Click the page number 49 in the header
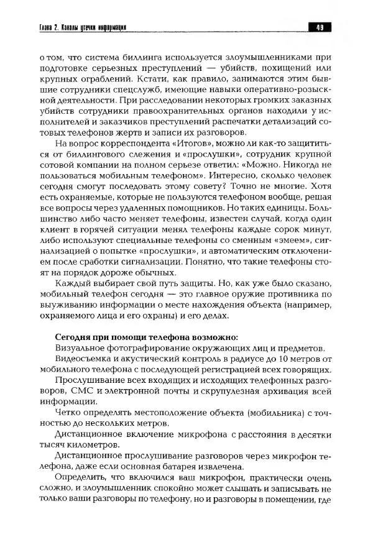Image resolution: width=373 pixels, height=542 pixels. point(320,27)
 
